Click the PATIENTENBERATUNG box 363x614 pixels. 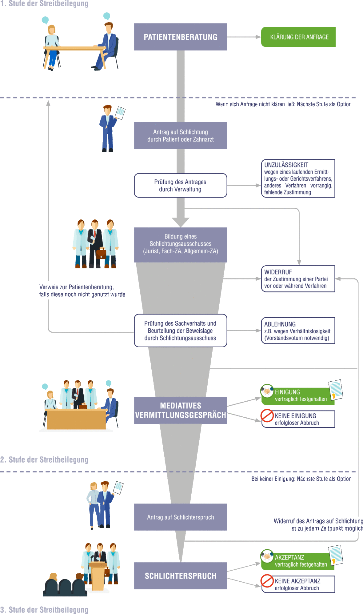click(x=180, y=37)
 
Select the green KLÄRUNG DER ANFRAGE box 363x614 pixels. click(x=298, y=37)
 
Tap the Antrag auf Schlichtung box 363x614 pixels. click(x=180, y=136)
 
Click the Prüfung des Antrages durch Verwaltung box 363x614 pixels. click(x=180, y=186)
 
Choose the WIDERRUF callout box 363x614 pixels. click(x=298, y=279)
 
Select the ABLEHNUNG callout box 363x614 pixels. click(x=298, y=331)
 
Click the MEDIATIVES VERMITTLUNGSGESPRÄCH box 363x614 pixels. click(x=180, y=410)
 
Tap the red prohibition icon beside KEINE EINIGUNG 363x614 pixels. click(x=267, y=415)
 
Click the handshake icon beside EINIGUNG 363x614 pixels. click(x=267, y=391)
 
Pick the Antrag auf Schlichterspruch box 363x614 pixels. click(x=180, y=517)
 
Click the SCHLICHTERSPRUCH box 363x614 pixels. click(x=180, y=576)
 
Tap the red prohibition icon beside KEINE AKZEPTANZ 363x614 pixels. click(x=267, y=581)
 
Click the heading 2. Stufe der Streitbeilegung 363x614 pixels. click(x=44, y=460)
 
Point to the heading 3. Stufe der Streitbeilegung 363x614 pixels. click(x=44, y=610)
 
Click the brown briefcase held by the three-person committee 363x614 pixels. click(x=101, y=254)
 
